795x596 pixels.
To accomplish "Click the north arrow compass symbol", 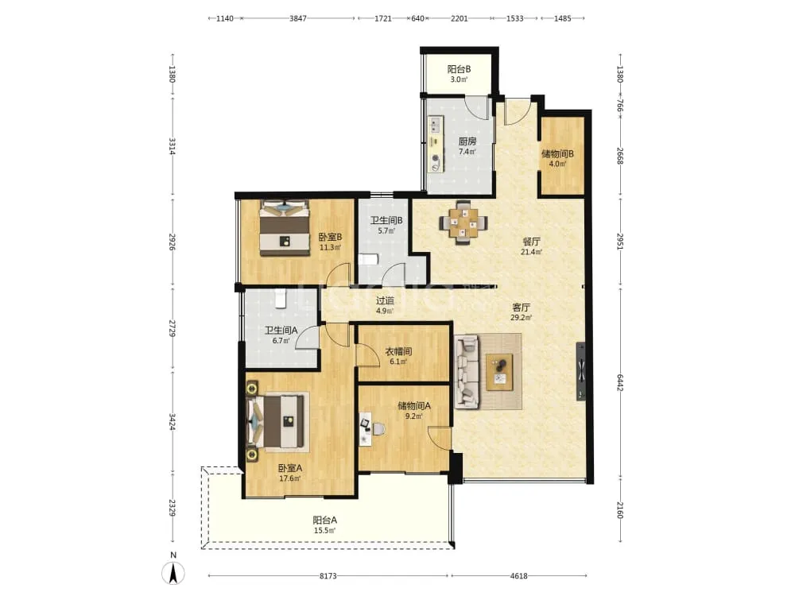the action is pos(173,573).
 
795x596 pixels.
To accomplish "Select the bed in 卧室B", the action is pos(285,227).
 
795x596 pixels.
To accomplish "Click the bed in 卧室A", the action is pos(277,422).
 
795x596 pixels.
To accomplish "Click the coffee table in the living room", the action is pos(499,372).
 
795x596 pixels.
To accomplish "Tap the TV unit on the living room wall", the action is pos(580,371).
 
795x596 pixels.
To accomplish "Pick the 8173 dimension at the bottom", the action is pos(328,575).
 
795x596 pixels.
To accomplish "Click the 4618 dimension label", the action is pos(518,575).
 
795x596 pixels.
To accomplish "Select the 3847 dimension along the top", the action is pos(297,18).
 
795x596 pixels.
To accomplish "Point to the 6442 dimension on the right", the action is pos(619,382).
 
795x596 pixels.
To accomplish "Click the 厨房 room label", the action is pos(467,141).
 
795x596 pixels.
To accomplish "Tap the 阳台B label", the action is pos(459,69).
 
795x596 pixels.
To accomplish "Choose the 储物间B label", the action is pos(557,153).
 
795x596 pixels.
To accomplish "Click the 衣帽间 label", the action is pos(398,351).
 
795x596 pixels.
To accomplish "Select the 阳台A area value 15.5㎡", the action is pos(324,531).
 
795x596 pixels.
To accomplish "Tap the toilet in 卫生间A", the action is pos(281,298).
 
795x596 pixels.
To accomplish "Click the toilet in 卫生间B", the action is pos(369,260).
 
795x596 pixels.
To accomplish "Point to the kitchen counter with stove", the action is pos(435,144).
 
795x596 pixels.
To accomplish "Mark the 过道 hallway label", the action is pos(384,300).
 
